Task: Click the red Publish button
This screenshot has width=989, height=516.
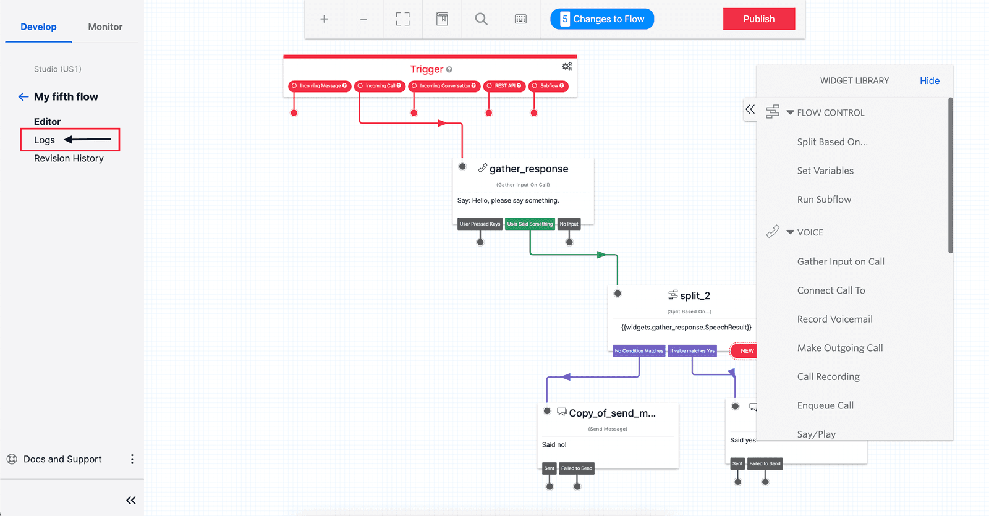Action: pos(758,19)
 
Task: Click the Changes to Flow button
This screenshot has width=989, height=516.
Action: pos(602,19)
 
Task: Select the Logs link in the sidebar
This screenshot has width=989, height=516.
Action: pos(45,140)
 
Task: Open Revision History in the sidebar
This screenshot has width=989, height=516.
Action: pos(69,158)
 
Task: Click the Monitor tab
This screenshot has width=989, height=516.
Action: pos(105,27)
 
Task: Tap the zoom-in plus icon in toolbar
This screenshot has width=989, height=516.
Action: pos(324,19)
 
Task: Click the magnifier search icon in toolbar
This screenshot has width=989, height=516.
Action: pos(481,19)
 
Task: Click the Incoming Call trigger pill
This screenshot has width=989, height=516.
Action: pos(380,86)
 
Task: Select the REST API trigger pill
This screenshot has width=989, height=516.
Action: pos(505,86)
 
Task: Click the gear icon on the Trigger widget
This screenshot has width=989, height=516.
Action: pos(567,66)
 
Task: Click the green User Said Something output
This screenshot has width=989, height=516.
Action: pos(530,224)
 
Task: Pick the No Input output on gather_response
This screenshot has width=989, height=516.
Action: pos(569,224)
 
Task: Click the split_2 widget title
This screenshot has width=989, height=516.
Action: pos(694,295)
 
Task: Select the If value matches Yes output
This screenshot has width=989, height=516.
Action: pos(692,351)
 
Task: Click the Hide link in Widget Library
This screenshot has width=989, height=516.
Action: pos(929,81)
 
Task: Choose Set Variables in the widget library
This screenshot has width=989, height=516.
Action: pos(825,171)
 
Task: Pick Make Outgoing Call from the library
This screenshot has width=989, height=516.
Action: pos(839,348)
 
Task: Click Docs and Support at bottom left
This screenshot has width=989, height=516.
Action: pos(62,459)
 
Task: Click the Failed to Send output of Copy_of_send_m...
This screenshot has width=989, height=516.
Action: pos(576,468)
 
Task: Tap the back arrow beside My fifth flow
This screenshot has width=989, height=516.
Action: pos(23,96)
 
